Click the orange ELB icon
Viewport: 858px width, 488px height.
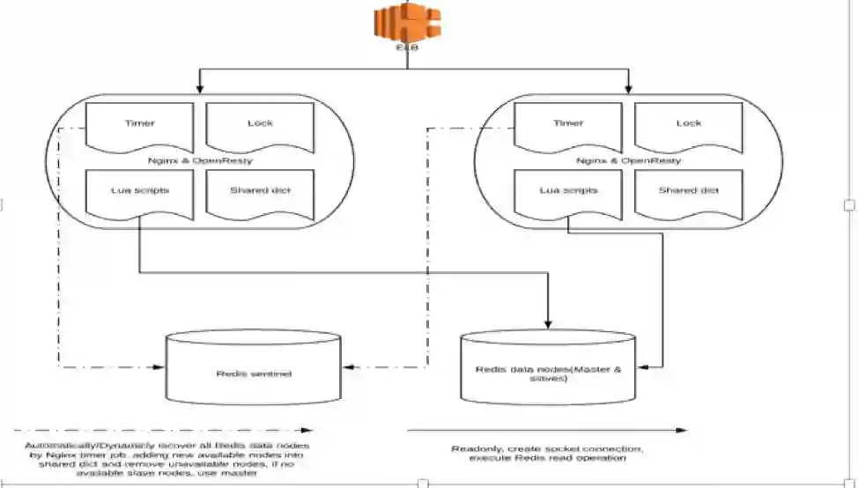[x=408, y=25]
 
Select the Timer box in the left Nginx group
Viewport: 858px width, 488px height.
[x=139, y=128]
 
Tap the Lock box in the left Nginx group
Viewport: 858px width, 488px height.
[x=261, y=128]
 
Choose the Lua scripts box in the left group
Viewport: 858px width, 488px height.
[x=139, y=194]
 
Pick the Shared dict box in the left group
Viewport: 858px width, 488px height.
[x=261, y=194]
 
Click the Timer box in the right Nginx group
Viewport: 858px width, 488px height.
[x=568, y=128]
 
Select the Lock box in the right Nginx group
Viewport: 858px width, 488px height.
[x=689, y=128]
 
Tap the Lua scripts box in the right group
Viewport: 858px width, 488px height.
[x=568, y=194]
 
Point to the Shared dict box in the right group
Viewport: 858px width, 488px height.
[x=689, y=194]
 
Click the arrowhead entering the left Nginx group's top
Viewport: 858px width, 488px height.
[x=200, y=89]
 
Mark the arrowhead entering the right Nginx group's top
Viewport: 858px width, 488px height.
[x=628, y=89]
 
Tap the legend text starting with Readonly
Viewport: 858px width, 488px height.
[x=548, y=454]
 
